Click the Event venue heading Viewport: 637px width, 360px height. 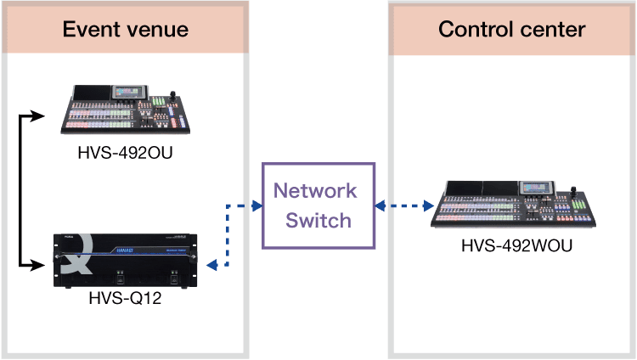[x=125, y=30]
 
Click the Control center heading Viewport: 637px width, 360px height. [x=511, y=30]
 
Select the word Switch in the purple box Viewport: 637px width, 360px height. [x=318, y=221]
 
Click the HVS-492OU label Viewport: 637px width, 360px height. [x=125, y=155]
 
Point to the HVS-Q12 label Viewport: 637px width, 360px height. [x=125, y=298]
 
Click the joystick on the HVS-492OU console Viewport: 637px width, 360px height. [x=173, y=94]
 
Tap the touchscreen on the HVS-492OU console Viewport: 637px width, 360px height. [x=131, y=92]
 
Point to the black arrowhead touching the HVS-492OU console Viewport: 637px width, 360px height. [x=52, y=110]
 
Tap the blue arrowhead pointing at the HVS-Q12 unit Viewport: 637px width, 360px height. [x=211, y=265]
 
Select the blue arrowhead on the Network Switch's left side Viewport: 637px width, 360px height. [x=258, y=205]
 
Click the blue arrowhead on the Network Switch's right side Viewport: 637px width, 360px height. [x=380, y=205]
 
